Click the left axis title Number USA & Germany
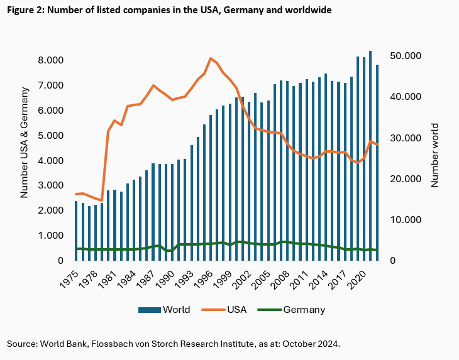coord(25,145)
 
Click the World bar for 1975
coord(77,231)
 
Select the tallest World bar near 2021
coord(370,155)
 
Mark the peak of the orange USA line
coord(211,58)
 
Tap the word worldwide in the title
coord(308,11)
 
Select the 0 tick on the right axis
coord(393,261)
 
